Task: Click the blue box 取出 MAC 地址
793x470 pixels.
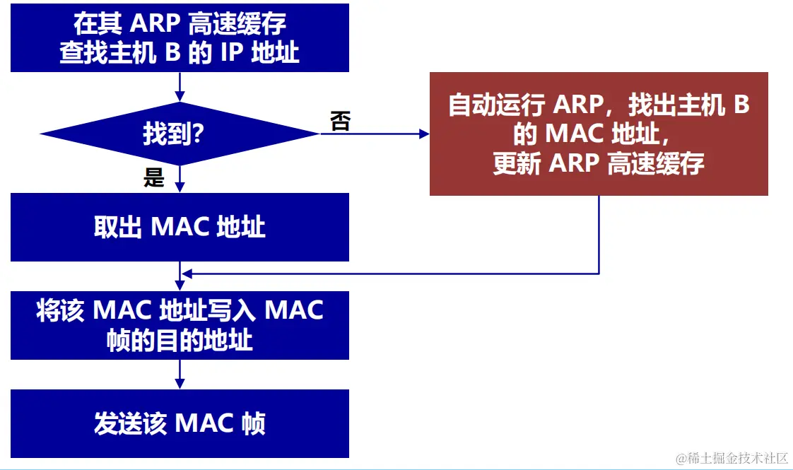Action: pos(180,227)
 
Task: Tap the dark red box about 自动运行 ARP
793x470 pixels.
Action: pos(599,134)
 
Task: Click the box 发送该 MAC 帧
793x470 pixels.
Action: pos(180,423)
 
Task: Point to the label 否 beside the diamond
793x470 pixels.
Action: pos(340,122)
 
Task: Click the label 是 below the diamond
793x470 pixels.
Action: pos(153,177)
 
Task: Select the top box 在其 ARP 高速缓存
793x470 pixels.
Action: pos(180,37)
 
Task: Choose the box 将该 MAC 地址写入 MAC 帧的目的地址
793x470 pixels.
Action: pos(180,325)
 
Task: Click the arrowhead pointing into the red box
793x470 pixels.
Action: pos(423,134)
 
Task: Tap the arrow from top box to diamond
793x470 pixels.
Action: pos(180,88)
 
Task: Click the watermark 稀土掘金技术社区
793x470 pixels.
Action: pos(732,458)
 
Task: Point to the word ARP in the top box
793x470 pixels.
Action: pos(155,24)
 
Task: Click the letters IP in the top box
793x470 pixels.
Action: pos(233,54)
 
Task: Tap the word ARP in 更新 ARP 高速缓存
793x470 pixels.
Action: pos(572,164)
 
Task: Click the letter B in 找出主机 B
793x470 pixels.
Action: pos(741,105)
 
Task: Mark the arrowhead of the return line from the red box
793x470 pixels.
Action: pos(186,274)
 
